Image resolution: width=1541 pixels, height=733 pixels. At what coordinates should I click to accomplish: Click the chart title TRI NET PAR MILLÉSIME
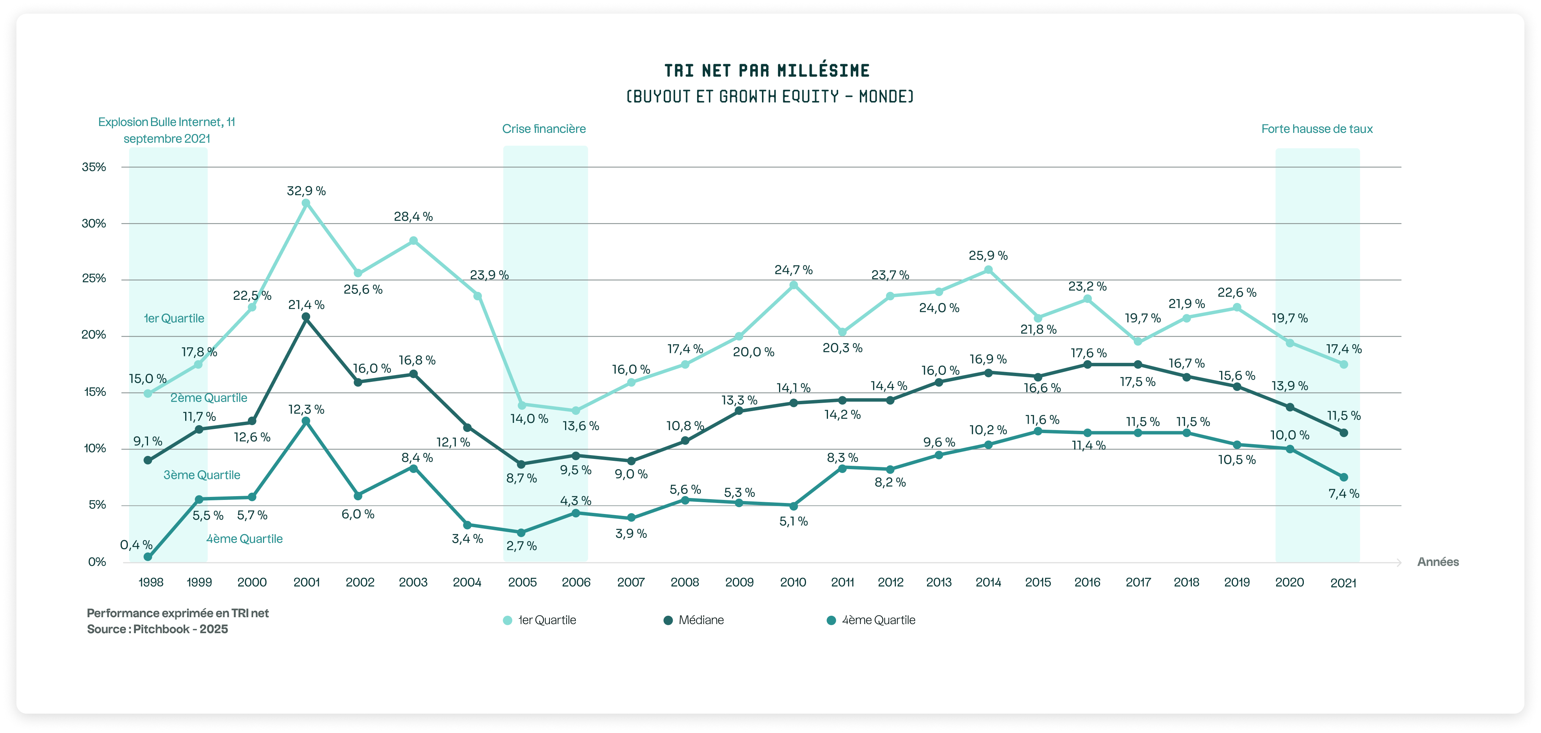pyautogui.click(x=767, y=71)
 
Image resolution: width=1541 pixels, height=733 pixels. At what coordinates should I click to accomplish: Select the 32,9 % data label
pyautogui.click(x=306, y=191)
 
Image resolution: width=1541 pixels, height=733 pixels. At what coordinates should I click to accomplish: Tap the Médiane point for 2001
pyautogui.click(x=306, y=317)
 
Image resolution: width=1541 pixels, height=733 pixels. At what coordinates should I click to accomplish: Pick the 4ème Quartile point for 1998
pyautogui.click(x=148, y=557)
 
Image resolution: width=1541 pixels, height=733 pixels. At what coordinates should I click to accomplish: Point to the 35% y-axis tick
pyautogui.click(x=94, y=167)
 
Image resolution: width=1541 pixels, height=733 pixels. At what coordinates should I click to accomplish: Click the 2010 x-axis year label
pyautogui.click(x=793, y=582)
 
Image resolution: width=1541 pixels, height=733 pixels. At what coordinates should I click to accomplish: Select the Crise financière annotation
pyautogui.click(x=544, y=129)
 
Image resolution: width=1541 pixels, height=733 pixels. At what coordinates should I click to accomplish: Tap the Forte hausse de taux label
pyautogui.click(x=1317, y=129)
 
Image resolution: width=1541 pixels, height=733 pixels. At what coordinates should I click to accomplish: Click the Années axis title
pyautogui.click(x=1437, y=562)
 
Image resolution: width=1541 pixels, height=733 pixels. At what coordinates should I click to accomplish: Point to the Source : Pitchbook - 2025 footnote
pyautogui.click(x=157, y=629)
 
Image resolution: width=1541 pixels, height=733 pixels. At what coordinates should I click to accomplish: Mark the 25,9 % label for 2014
pyautogui.click(x=988, y=255)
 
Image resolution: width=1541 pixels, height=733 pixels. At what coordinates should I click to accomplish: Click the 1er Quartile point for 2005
pyautogui.click(x=522, y=405)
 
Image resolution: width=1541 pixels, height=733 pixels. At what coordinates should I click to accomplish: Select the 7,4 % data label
pyautogui.click(x=1344, y=493)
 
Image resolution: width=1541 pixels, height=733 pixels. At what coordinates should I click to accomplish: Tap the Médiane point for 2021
pyautogui.click(x=1344, y=433)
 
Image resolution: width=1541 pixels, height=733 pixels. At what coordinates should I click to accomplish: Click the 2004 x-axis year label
pyautogui.click(x=467, y=582)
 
